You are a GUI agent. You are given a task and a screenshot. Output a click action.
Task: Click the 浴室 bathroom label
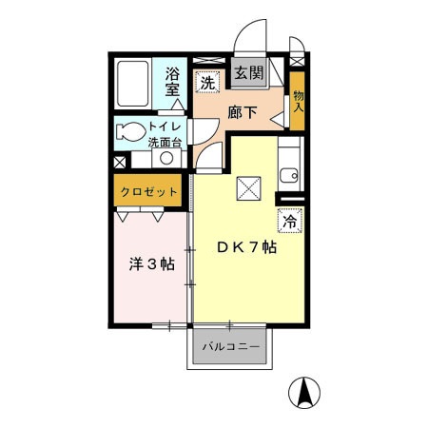click(x=172, y=82)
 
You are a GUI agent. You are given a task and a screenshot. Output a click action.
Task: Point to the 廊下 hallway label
click(x=242, y=111)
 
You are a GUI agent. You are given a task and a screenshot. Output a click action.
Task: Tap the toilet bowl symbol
click(x=130, y=130)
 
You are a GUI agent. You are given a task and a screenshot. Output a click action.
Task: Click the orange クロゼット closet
click(x=150, y=193)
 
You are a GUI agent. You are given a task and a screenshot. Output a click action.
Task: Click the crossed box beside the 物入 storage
click(x=297, y=58)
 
